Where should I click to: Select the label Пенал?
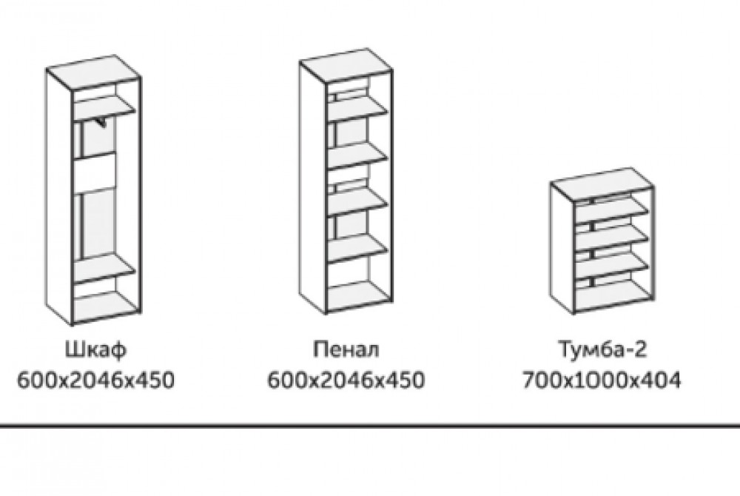(346, 349)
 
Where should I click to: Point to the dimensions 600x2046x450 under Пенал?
(346, 381)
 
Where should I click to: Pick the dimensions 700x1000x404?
(600, 381)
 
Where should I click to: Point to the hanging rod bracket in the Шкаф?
(101, 121)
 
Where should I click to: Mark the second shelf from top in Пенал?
(358, 152)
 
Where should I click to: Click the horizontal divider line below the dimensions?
(370, 427)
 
